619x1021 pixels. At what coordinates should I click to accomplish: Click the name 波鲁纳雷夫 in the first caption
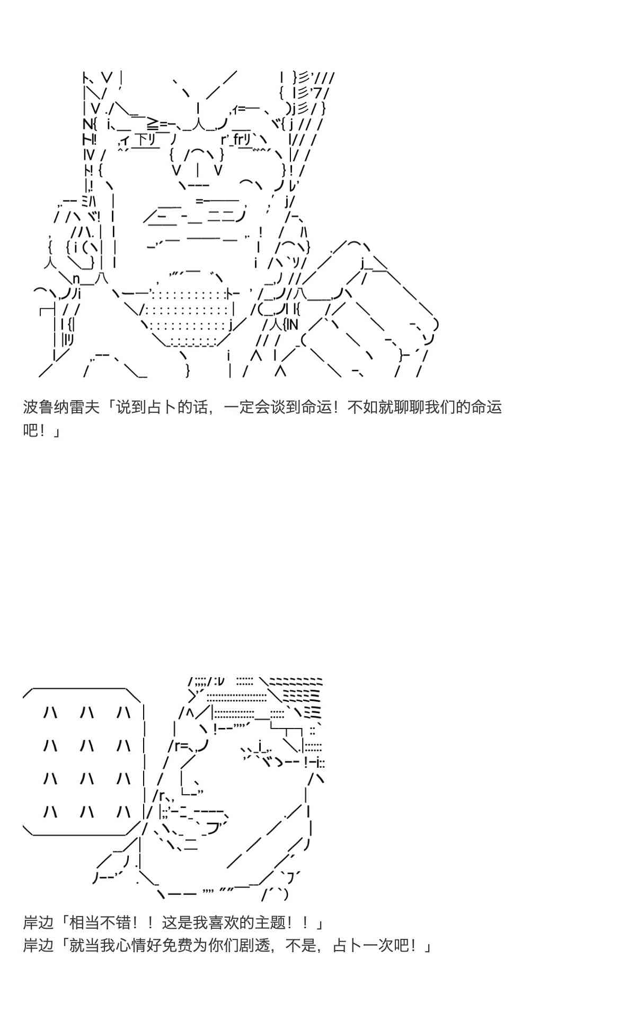61,407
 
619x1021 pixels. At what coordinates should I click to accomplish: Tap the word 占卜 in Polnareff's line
161,407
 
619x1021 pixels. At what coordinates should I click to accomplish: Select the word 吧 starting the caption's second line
31,430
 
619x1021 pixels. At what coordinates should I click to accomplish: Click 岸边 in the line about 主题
39,922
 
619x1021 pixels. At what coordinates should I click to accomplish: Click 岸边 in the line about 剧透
39,946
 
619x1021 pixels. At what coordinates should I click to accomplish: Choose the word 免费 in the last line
177,946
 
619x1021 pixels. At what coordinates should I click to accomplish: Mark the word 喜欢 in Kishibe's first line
224,922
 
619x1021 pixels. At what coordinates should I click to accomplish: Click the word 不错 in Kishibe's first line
115,922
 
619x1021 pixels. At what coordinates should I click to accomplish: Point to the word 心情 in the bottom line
130,946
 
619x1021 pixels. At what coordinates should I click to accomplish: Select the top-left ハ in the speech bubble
51,713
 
